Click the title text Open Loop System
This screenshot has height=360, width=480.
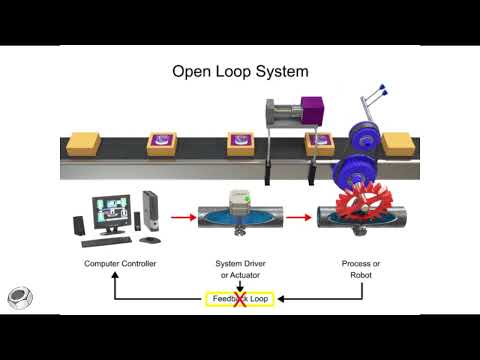pyautogui.click(x=240, y=72)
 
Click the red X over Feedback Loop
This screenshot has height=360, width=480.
pyautogui.click(x=240, y=299)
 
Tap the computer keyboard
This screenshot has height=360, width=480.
pyautogui.click(x=104, y=241)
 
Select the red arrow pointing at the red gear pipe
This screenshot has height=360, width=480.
pyautogui.click(x=301, y=214)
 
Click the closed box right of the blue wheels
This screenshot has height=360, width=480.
pyautogui.click(x=397, y=144)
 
